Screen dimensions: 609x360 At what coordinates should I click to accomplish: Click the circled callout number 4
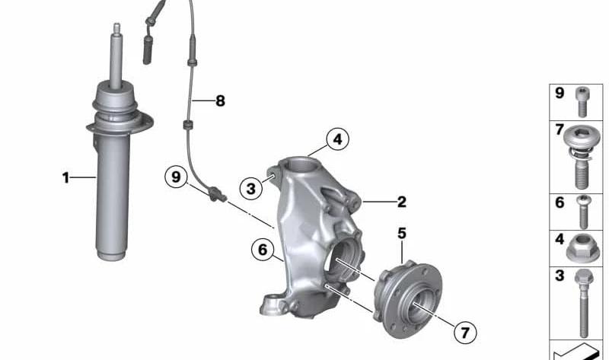[x=337, y=139]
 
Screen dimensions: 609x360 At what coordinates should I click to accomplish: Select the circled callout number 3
[x=251, y=189]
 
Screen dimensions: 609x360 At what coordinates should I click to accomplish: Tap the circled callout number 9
[x=176, y=177]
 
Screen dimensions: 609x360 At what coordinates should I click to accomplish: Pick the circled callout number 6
[x=263, y=250]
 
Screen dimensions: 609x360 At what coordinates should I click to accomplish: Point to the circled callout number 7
[x=465, y=332]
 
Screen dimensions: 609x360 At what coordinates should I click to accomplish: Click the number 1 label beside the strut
[x=65, y=178]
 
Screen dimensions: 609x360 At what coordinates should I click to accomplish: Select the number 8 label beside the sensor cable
[x=220, y=101]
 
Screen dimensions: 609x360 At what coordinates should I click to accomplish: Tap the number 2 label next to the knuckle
[x=402, y=202]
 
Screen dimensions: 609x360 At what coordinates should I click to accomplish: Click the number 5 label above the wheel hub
[x=402, y=234]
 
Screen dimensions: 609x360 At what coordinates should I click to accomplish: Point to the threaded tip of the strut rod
[x=116, y=28]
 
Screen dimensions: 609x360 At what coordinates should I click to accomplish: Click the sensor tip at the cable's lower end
[x=218, y=194]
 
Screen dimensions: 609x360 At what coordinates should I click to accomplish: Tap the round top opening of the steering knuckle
[x=299, y=166]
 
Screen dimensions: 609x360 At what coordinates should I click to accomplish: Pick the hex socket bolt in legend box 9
[x=582, y=101]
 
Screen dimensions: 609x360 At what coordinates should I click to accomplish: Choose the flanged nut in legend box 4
[x=582, y=249]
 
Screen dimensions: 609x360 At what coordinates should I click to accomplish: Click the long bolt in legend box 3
[x=582, y=304]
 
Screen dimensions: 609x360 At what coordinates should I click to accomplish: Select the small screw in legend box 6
[x=583, y=212]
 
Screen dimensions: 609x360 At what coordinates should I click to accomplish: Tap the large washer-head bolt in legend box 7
[x=582, y=156]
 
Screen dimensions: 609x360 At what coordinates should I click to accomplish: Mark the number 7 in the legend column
[x=560, y=129]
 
